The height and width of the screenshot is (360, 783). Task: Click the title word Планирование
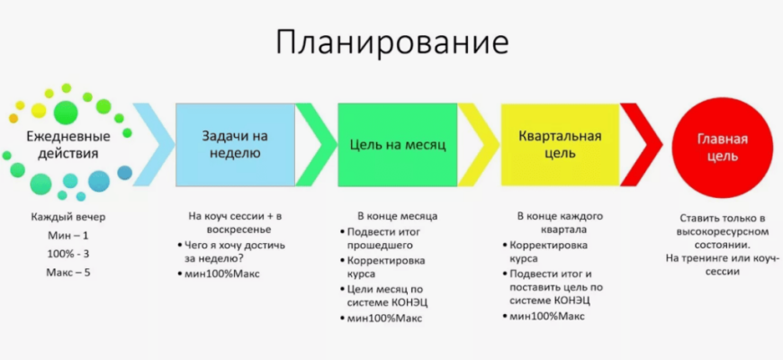(392, 43)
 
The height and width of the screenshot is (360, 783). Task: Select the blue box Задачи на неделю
(235, 145)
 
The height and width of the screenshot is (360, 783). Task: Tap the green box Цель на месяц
(398, 145)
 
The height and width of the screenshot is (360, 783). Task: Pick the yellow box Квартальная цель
(560, 145)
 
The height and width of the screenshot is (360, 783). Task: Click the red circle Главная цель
(723, 148)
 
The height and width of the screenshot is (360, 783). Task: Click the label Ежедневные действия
(68, 145)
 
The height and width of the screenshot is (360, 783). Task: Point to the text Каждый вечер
(68, 217)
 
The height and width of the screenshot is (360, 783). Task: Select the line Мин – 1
(68, 236)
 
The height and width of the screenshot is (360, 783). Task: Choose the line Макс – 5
(68, 273)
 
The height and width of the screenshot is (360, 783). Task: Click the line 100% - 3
(68, 254)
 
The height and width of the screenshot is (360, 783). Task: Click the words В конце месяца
(398, 216)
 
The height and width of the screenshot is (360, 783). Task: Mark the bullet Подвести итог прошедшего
(381, 238)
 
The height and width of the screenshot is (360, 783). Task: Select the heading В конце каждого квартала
(560, 222)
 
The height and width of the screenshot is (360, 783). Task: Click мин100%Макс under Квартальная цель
(544, 316)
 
